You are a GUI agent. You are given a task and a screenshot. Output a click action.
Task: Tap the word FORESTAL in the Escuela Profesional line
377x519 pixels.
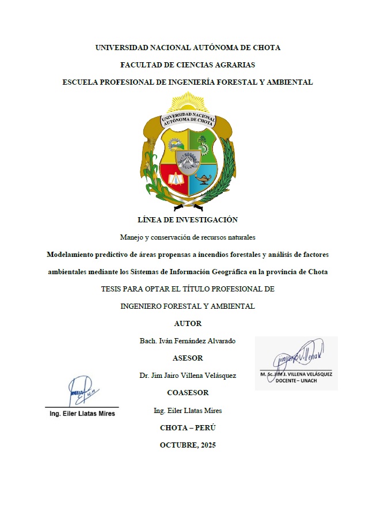click(x=234, y=82)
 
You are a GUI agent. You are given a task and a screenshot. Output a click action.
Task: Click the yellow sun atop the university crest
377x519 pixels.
click(x=188, y=104)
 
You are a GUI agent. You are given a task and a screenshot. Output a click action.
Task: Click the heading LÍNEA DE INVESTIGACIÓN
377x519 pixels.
click(x=188, y=219)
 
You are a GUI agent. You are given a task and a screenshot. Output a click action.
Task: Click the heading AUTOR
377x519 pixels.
click(x=188, y=324)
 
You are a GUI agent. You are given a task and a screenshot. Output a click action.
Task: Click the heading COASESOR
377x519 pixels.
click(x=188, y=393)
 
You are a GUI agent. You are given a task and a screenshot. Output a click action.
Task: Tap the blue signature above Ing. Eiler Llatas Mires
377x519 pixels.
click(x=79, y=391)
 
